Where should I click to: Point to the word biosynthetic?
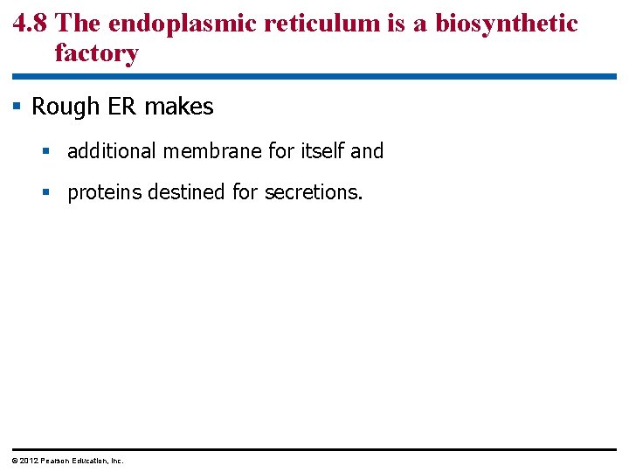pyautogui.click(x=507, y=24)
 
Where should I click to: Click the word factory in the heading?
pyautogui.click(x=96, y=53)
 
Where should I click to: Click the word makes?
pyautogui.click(x=179, y=107)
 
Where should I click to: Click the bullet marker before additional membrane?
pyautogui.click(x=48, y=152)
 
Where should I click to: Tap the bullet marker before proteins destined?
pyautogui.click(x=48, y=192)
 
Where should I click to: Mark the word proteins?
pyautogui.click(x=105, y=192)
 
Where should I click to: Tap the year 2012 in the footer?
pyautogui.click(x=27, y=461)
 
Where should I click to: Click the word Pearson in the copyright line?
pyautogui.click(x=55, y=461)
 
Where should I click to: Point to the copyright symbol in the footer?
pyautogui.click(x=14, y=461)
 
